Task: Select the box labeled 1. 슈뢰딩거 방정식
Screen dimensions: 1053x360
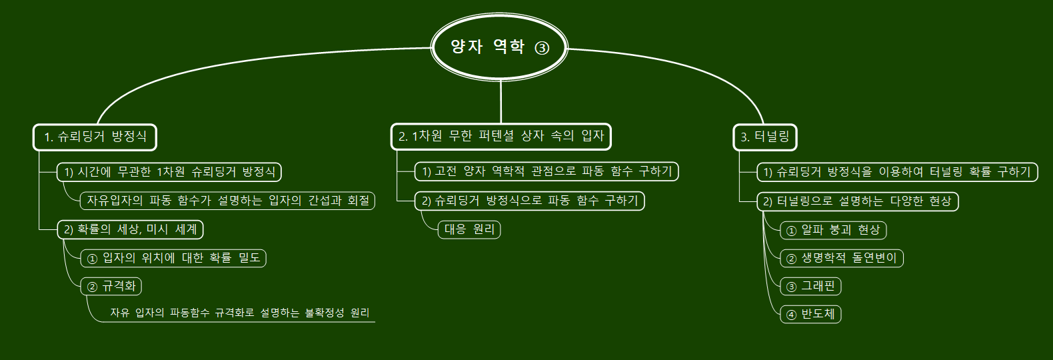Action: coord(95,137)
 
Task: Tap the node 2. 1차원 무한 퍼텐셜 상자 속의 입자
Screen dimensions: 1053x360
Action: coord(501,136)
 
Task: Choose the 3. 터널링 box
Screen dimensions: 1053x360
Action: coord(764,137)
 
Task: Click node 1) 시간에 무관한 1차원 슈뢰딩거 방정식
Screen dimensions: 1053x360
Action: coord(169,172)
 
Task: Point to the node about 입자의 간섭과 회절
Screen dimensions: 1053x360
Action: coord(228,200)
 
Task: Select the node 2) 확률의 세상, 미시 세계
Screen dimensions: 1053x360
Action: coord(130,229)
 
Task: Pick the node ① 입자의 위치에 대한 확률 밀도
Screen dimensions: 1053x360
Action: coord(173,258)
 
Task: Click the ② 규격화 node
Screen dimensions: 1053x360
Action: coord(111,287)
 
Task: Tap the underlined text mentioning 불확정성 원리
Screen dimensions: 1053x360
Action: coord(240,313)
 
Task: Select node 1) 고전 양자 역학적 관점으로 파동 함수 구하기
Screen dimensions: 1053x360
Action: coord(546,171)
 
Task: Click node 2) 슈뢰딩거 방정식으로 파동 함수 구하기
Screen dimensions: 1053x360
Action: coord(530,201)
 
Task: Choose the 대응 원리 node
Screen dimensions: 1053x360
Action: coord(469,230)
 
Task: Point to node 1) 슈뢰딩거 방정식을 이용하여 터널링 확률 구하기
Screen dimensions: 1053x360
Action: coord(897,172)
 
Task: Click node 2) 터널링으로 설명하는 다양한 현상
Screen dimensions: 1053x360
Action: coord(857,201)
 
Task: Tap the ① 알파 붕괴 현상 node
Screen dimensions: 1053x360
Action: coord(833,230)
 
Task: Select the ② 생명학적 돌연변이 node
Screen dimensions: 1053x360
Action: coord(842,258)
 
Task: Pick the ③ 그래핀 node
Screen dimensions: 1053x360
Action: coord(810,287)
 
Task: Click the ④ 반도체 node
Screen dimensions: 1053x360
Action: coord(810,314)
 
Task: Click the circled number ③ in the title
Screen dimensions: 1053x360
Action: coord(542,48)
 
